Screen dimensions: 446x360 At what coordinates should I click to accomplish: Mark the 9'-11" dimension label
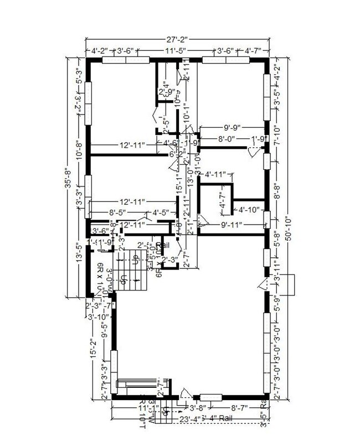point(233,225)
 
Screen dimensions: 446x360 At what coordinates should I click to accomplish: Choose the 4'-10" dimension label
point(249,210)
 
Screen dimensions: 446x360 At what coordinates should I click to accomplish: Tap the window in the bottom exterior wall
point(210,397)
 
